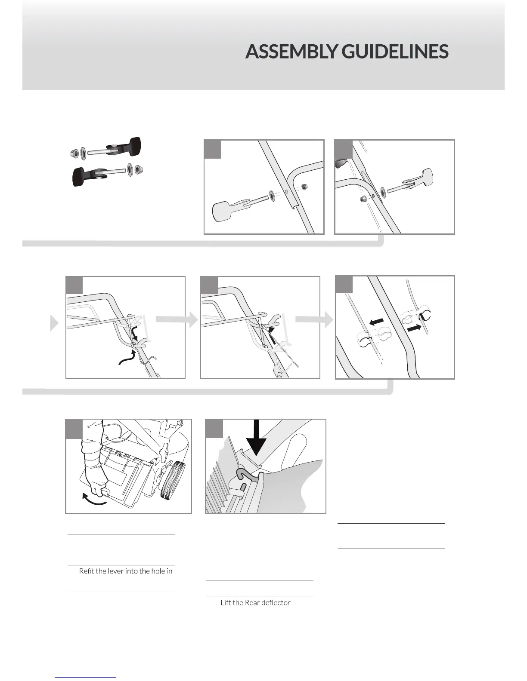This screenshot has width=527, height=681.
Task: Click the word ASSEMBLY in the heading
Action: click(x=291, y=52)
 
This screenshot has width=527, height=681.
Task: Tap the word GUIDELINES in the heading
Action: click(x=395, y=52)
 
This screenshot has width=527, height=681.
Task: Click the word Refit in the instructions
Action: click(x=86, y=571)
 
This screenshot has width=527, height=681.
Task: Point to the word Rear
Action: click(x=252, y=603)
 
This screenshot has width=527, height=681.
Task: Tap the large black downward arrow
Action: click(x=257, y=438)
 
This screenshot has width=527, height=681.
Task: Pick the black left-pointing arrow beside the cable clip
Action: click(x=377, y=322)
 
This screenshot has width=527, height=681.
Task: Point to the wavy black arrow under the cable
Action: click(x=127, y=358)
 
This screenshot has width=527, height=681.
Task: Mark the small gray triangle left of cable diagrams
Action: click(x=54, y=323)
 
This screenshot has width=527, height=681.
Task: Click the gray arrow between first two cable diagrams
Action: click(x=177, y=320)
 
